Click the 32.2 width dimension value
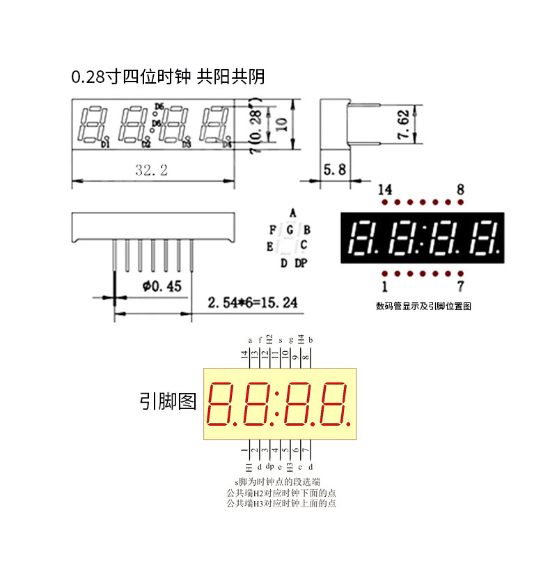tap(151, 170)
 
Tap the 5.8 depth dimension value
tap(334, 168)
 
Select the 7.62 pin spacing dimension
tap(403, 124)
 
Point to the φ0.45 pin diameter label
tap(162, 286)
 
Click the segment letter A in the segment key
tap(293, 213)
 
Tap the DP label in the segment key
tap(300, 263)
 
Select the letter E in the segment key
tap(269, 246)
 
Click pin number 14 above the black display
tap(384, 189)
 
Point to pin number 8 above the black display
tap(460, 189)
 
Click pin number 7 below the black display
tap(460, 286)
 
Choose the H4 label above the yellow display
tap(301, 339)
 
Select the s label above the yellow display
tap(281, 340)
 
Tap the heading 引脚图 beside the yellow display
tap(168, 401)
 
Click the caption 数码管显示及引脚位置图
tap(423, 306)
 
